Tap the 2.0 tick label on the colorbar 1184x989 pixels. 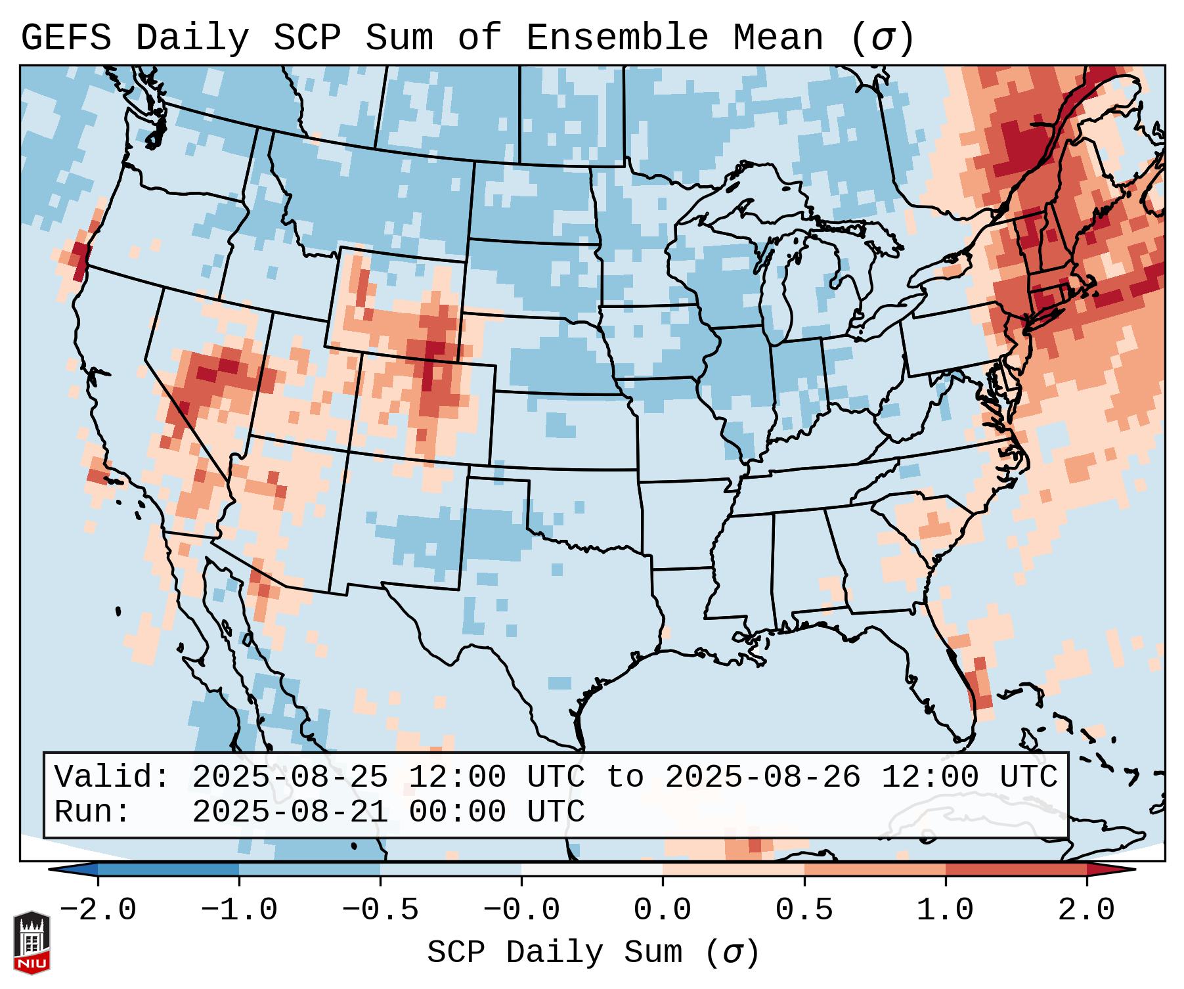coord(1086,910)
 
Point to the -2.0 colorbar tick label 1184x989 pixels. coord(98,910)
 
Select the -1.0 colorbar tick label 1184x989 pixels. coord(239,910)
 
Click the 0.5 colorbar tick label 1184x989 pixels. coord(804,910)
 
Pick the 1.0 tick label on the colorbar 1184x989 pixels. coord(945,910)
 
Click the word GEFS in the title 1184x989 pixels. coord(66,38)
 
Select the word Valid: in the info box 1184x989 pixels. coord(112,777)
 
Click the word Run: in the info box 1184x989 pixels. coord(93,812)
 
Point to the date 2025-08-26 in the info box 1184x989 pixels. coord(762,777)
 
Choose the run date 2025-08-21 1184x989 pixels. coord(290,812)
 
